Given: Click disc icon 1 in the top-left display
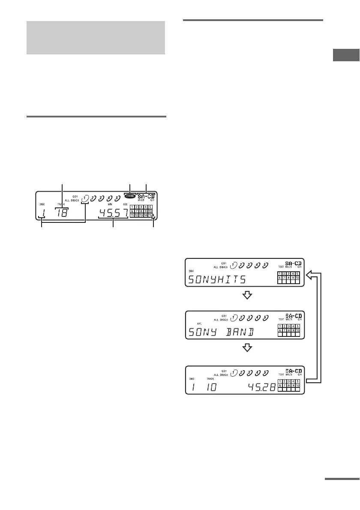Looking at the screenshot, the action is tap(86, 198).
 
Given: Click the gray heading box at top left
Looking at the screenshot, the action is tap(96, 37).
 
